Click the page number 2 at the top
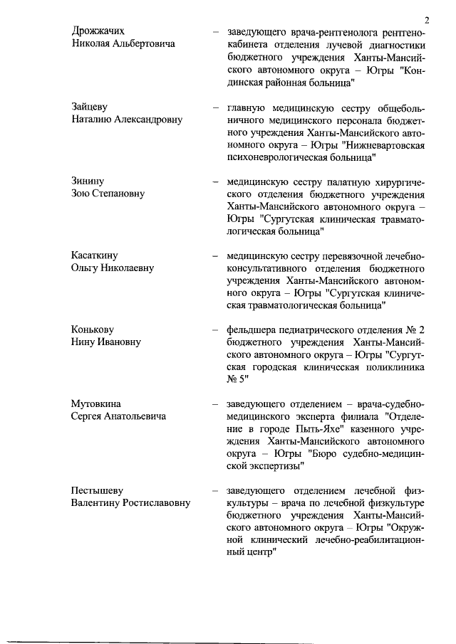[425, 19]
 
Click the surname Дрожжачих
[98, 31]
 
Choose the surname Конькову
[93, 329]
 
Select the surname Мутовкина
[96, 403]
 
